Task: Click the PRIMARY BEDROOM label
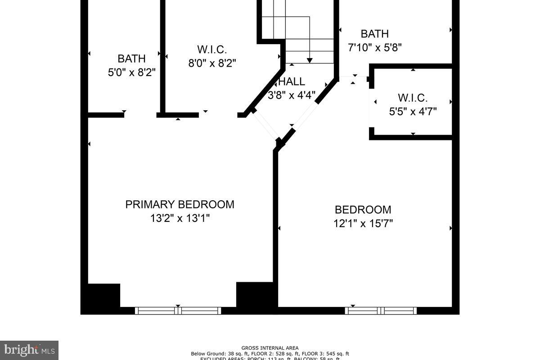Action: coord(180,204)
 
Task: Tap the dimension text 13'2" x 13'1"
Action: coord(180,218)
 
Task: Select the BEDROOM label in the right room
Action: coord(363,210)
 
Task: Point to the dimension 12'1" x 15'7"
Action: coord(363,224)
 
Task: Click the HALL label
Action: coord(292,82)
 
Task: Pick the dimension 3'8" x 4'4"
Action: coord(292,95)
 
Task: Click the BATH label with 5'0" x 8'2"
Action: coord(131,58)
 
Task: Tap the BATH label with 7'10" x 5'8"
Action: coord(374,34)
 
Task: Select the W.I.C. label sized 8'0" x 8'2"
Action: coord(211,49)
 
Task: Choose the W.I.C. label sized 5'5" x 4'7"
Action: coord(413,98)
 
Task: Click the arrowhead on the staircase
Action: coord(310,60)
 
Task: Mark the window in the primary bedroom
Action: coord(178,310)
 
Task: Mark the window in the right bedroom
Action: coord(381,310)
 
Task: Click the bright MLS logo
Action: coord(29,350)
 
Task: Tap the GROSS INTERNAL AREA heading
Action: coord(270,348)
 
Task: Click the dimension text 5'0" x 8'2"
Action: coord(131,72)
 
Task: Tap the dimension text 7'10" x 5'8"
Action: coord(374,47)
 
